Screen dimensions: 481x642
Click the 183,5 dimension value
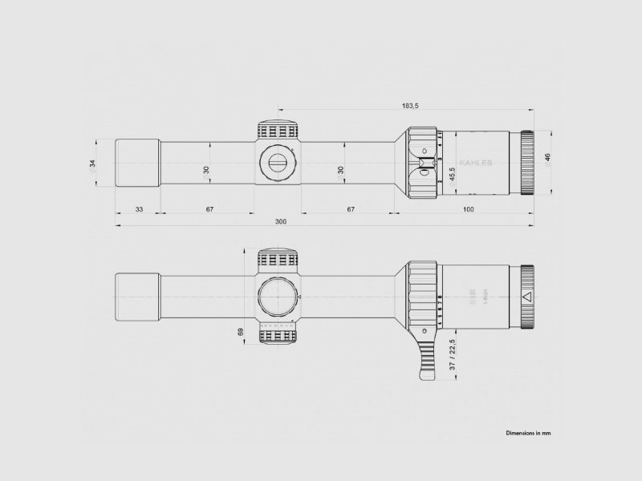click(x=411, y=105)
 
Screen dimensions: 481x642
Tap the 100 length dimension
click(x=468, y=209)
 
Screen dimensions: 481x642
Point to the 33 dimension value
click(x=139, y=209)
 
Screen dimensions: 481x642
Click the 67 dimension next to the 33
click(x=209, y=209)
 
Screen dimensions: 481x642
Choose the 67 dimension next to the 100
click(x=350, y=209)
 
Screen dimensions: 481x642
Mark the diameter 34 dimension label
click(x=92, y=164)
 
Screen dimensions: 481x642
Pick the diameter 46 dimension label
click(x=548, y=160)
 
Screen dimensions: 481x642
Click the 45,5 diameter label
click(x=452, y=175)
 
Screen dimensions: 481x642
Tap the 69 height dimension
click(x=241, y=331)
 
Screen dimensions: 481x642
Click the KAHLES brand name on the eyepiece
click(x=477, y=161)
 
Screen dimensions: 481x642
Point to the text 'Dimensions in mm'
click(x=528, y=432)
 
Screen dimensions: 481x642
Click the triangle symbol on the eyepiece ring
click(x=527, y=297)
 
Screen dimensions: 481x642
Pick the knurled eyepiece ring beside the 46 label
click(x=527, y=163)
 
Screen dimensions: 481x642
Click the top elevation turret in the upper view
click(x=278, y=131)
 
